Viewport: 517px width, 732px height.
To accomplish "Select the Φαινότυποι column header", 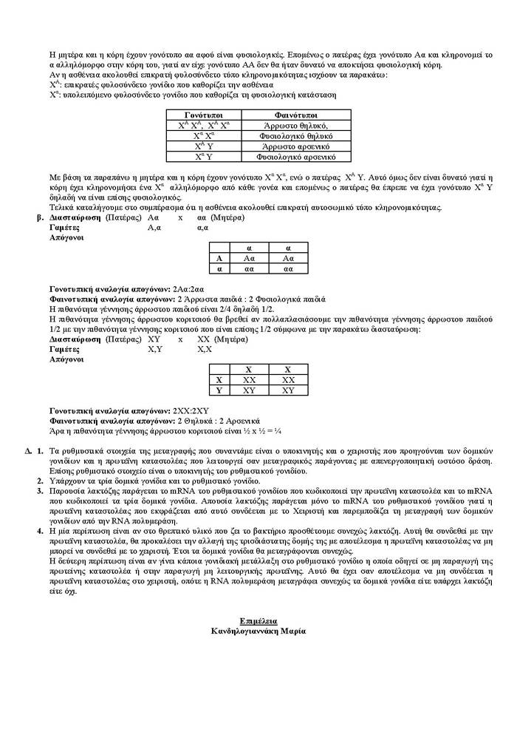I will pos(290,116).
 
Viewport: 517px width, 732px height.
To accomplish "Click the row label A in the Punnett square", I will pos(219,258).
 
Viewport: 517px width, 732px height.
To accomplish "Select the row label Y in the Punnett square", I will pos(219,390).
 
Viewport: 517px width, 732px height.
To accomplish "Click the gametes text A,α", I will pos(154,228).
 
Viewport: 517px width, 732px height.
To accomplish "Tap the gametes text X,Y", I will pos(155,348).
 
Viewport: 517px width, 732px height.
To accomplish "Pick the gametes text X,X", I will pos(205,348).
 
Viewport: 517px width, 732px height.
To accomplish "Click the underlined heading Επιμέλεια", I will pos(258,620).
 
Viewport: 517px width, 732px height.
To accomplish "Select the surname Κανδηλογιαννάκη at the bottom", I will pos(244,630).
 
